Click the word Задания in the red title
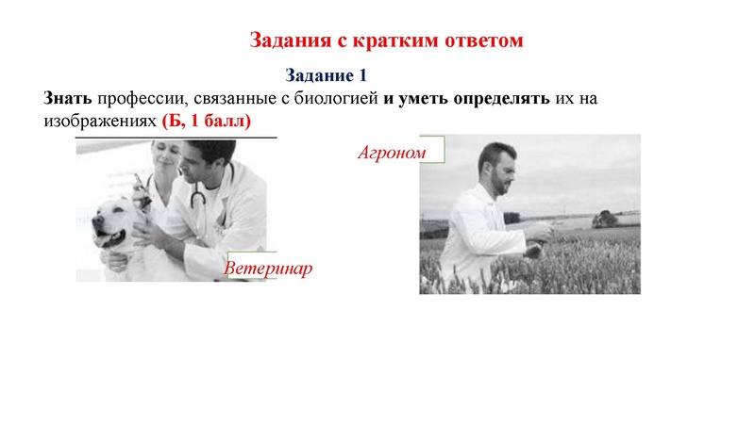[288, 41]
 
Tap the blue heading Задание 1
[326, 75]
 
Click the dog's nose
[96, 221]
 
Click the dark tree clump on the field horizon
[604, 220]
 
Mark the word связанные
[241, 98]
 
